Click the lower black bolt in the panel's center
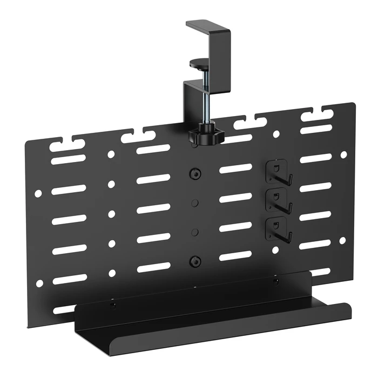(x=194, y=261)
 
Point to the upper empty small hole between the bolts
(x=195, y=202)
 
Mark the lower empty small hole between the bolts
(x=195, y=232)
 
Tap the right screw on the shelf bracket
(x=276, y=281)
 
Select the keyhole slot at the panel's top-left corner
(x=66, y=145)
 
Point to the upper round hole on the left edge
(x=38, y=193)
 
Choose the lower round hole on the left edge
(x=39, y=283)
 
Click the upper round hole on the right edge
(x=343, y=154)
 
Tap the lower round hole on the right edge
(x=342, y=240)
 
